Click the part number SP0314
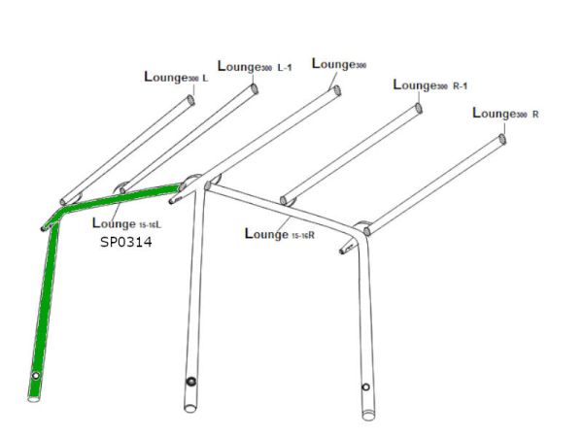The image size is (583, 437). coord(126,242)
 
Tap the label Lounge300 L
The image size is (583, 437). coord(176,78)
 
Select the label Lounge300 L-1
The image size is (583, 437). coord(255,66)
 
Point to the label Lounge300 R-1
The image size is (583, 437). coord(430,85)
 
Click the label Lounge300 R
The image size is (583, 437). coord(505,114)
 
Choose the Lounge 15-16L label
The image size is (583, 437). coord(126,223)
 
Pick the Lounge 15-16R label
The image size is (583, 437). coord(280,234)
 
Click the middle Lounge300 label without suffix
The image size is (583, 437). coord(339,64)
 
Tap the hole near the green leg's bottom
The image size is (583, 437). coord(36,376)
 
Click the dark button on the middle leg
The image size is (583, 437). coord(191,382)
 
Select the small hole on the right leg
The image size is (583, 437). coord(365,387)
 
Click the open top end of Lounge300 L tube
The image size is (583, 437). coord(190,100)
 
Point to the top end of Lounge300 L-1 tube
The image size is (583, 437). coord(255,89)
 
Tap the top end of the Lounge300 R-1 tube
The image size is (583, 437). coord(418,109)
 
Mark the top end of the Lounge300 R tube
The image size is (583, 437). coord(502,139)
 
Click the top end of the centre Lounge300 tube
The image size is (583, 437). coord(337,90)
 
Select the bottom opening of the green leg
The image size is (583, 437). coord(34,399)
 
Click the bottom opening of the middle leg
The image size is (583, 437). coord(190,409)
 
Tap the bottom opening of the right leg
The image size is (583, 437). coord(368,416)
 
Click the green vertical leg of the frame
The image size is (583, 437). coord(44,312)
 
